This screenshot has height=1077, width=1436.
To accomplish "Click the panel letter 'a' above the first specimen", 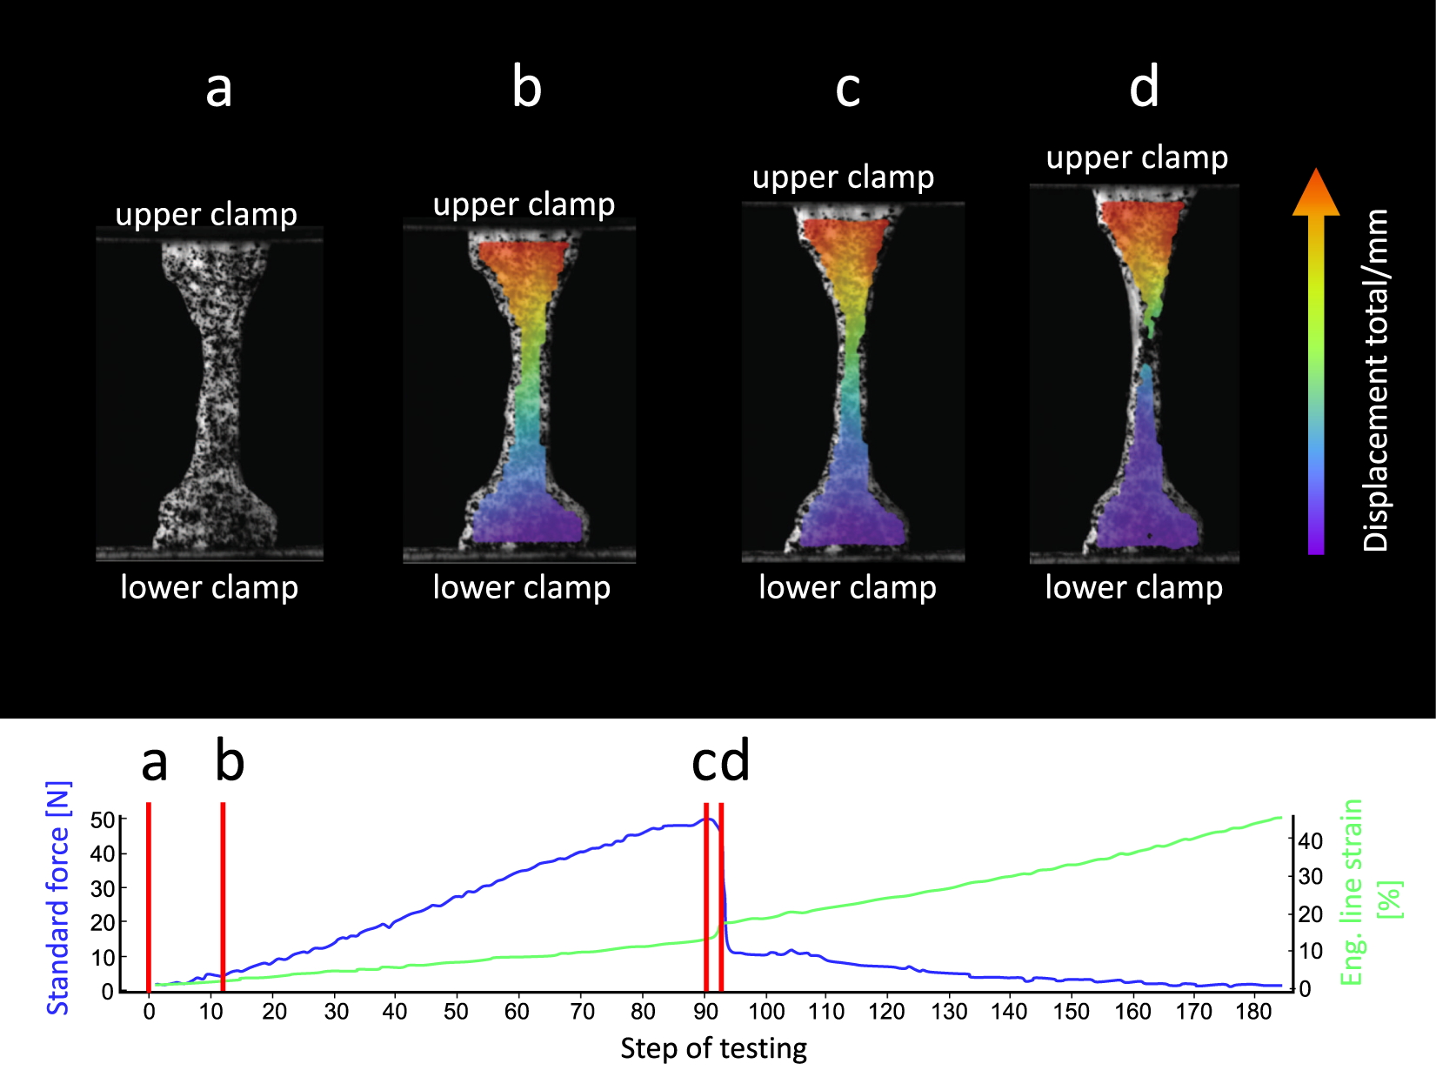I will point(218,89).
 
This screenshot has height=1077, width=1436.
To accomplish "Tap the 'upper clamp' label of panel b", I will point(524,204).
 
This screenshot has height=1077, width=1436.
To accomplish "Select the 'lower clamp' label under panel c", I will point(847,587).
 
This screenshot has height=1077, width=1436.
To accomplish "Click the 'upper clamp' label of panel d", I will point(1136,157).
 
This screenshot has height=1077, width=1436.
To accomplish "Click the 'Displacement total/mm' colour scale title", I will point(1375,379).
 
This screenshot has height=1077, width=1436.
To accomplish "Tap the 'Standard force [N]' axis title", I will point(57,898).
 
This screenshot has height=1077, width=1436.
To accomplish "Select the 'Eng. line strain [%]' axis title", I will point(1368,893).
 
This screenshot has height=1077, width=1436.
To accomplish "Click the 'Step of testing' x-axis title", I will point(713,1048).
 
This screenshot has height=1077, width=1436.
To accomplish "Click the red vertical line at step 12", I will point(223,896).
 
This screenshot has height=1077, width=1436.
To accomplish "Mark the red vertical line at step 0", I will point(149,896).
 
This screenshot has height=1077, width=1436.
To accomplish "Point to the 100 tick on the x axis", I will point(766,1012).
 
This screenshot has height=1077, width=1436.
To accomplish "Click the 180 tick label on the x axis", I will point(1253,1012).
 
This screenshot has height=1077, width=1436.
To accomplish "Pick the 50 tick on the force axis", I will point(103,820).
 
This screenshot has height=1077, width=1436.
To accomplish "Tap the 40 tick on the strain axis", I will point(1310,840).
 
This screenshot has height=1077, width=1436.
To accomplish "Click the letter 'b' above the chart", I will point(230,761).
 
